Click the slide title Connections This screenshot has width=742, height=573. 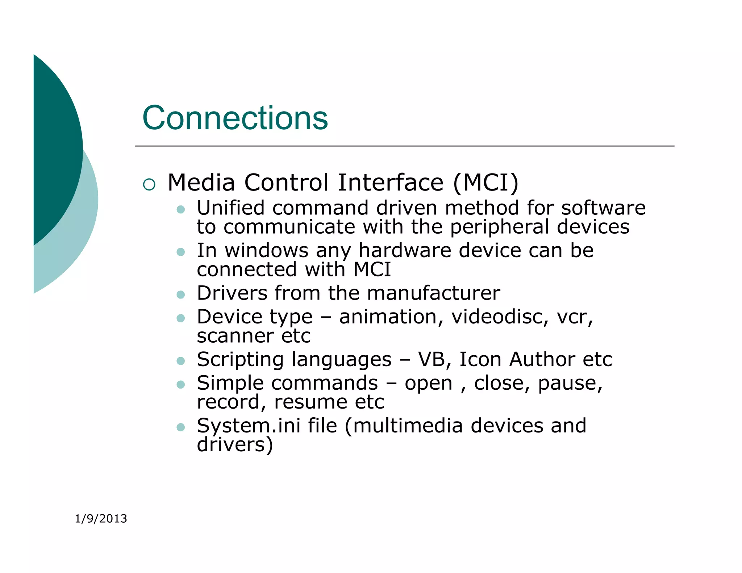click(x=235, y=118)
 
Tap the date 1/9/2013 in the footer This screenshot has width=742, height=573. click(x=101, y=519)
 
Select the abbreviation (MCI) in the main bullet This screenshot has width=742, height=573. click(x=486, y=183)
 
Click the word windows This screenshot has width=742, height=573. click(x=267, y=250)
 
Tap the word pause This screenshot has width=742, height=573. click(x=570, y=383)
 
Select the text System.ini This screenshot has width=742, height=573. click(x=249, y=426)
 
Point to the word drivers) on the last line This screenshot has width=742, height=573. click(x=235, y=445)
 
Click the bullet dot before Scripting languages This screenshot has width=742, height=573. click(x=180, y=361)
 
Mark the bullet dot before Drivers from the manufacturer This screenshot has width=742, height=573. click(x=180, y=294)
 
